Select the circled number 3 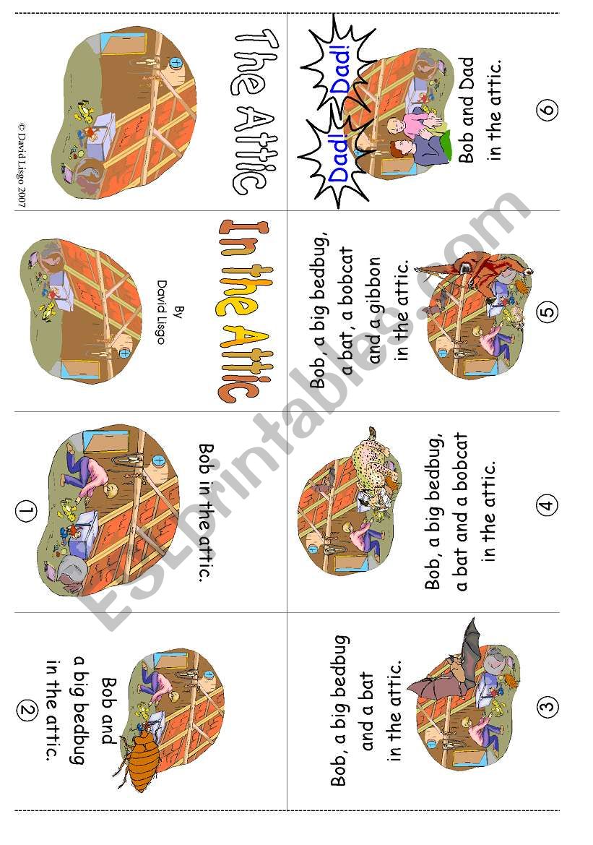coord(547,706)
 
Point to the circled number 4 coord(547,505)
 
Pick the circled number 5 coord(547,312)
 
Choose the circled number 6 coord(547,109)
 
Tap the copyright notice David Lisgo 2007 coord(22,164)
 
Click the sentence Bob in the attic coord(206,512)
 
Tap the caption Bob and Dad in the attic coord(480,109)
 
